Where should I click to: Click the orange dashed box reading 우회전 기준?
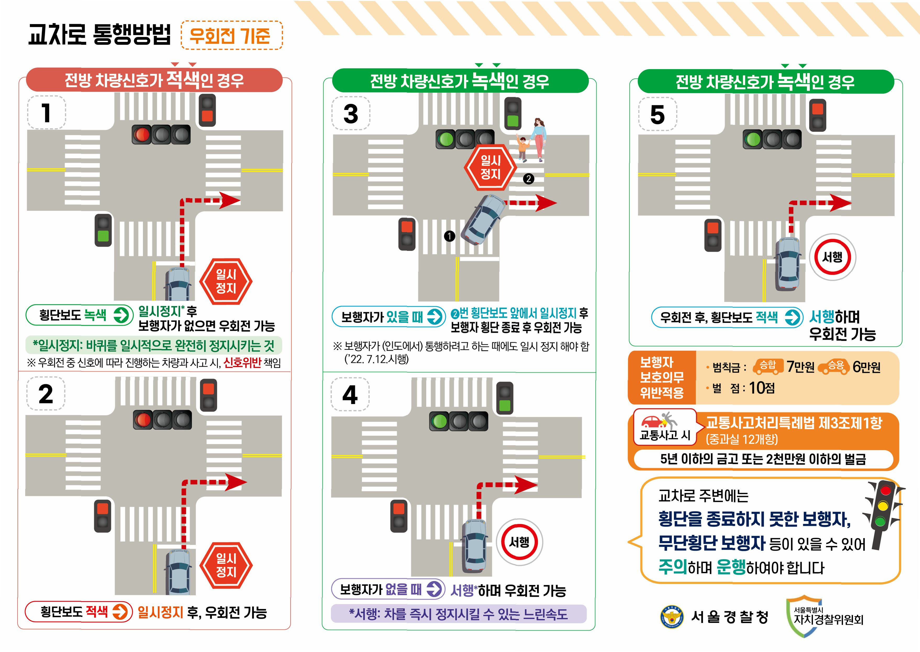[x=232, y=35]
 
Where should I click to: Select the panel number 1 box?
[x=47, y=112]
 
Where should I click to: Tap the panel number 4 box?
[x=350, y=394]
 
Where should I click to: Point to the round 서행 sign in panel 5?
[x=833, y=257]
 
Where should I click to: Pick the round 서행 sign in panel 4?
[x=519, y=542]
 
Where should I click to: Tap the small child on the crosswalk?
[x=522, y=149]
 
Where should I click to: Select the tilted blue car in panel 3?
[x=483, y=219]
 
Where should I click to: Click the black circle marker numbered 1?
[x=450, y=236]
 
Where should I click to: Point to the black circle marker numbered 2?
[x=529, y=179]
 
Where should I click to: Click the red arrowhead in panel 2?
[x=236, y=482]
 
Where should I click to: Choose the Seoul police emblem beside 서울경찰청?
[x=672, y=617]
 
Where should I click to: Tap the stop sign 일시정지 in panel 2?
[x=226, y=565]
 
